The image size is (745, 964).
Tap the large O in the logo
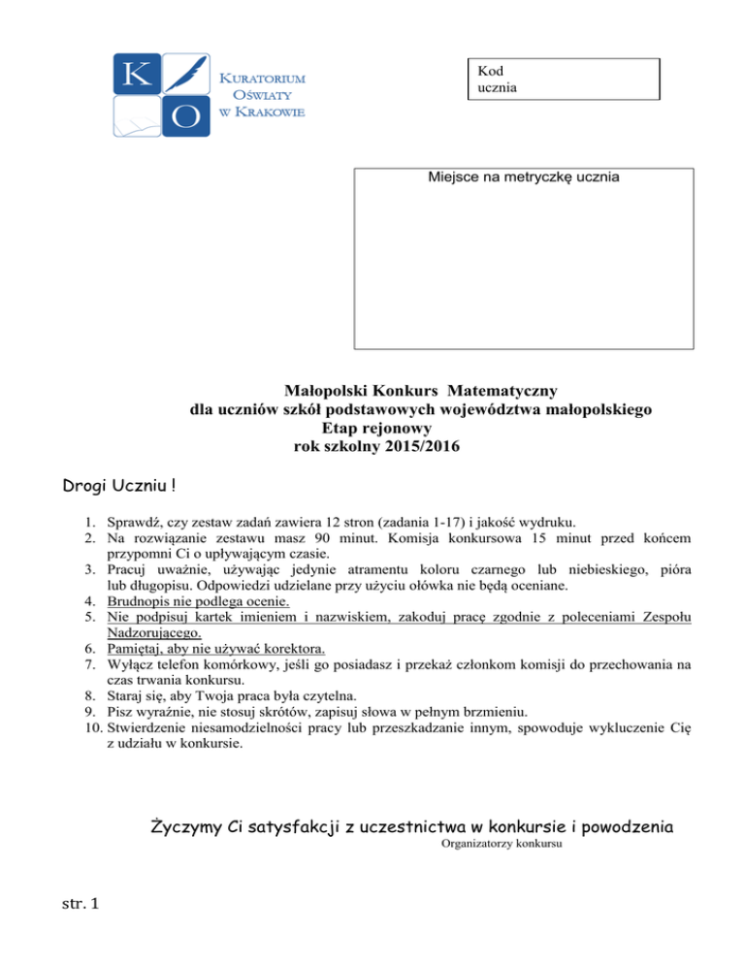187,115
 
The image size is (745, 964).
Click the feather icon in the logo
187,70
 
